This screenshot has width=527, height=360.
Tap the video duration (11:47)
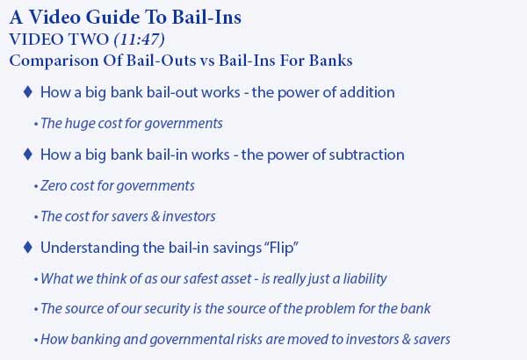pyautogui.click(x=140, y=40)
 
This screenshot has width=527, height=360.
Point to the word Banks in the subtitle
pyautogui.click(x=331, y=61)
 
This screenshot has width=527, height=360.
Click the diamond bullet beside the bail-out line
pyautogui.click(x=28, y=92)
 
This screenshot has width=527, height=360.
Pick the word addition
pyautogui.click(x=367, y=92)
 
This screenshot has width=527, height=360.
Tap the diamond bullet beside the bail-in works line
pyautogui.click(x=28, y=155)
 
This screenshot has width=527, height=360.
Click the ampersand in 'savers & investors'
pyautogui.click(x=155, y=217)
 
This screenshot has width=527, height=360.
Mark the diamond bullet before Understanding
pyautogui.click(x=28, y=248)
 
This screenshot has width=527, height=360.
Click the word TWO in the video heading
pyautogui.click(x=88, y=40)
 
